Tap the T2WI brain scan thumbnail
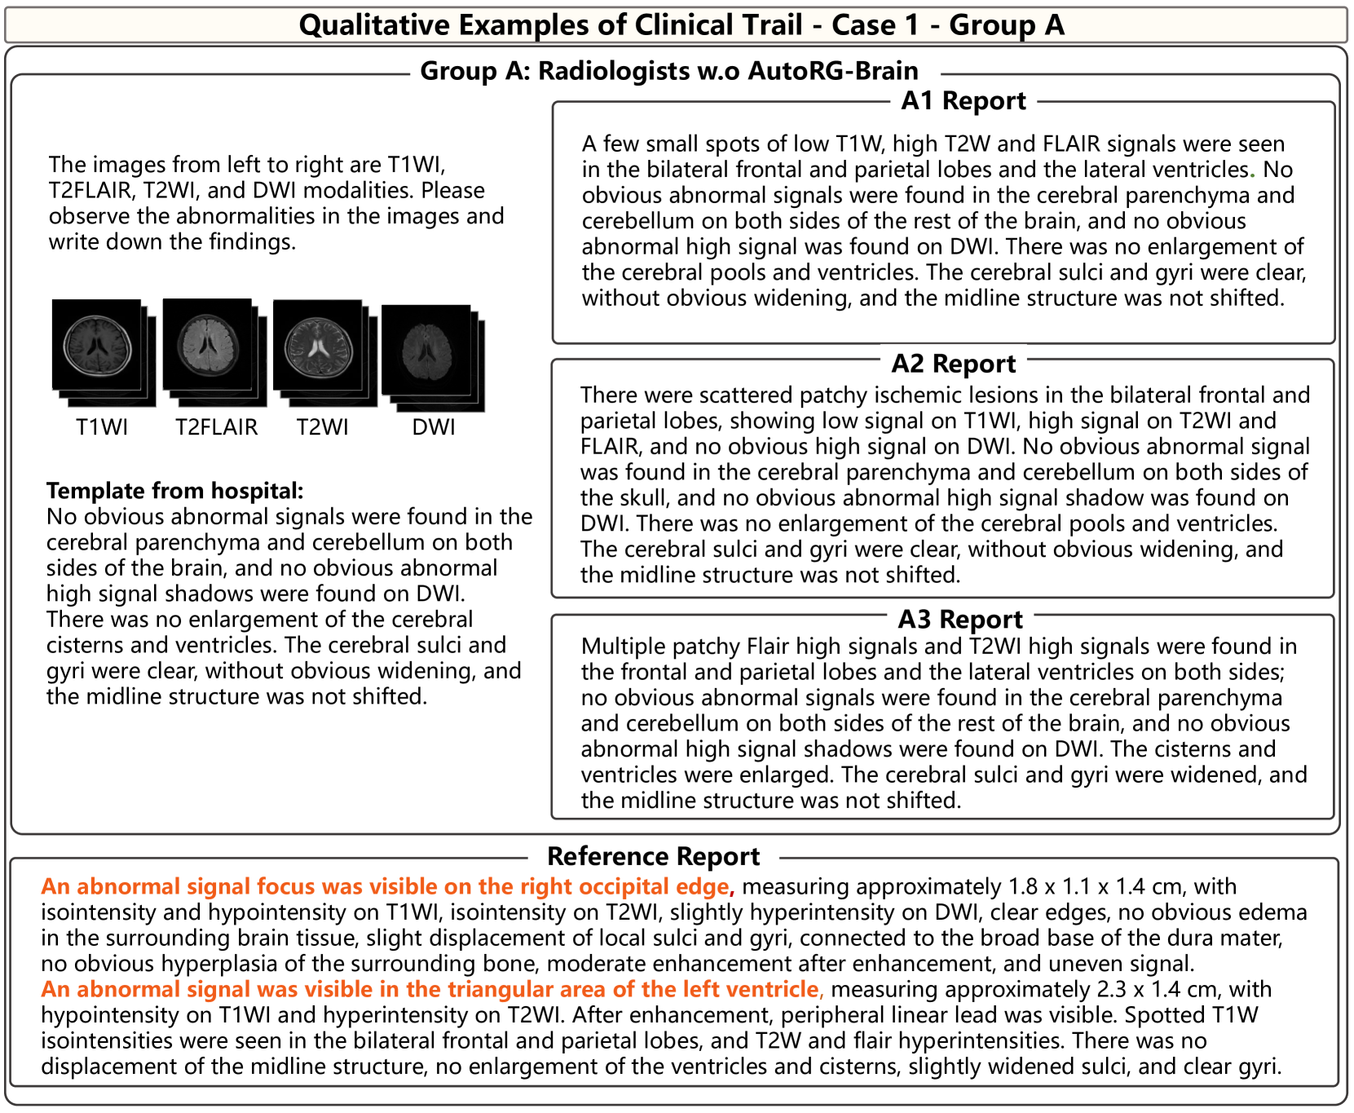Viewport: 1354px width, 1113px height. [318, 345]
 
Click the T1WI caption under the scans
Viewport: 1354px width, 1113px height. [102, 427]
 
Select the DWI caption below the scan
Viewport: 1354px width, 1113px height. [434, 427]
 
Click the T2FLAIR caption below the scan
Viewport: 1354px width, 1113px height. [216, 427]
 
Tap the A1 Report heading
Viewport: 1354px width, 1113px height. [964, 101]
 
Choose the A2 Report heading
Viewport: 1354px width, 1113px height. [953, 364]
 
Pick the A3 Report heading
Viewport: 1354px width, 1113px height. [959, 620]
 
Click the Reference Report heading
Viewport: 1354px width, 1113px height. [653, 857]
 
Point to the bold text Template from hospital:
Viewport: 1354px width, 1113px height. [174, 491]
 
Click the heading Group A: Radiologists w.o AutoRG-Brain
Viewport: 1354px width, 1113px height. [668, 72]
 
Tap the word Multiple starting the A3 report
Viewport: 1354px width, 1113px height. [620, 647]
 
